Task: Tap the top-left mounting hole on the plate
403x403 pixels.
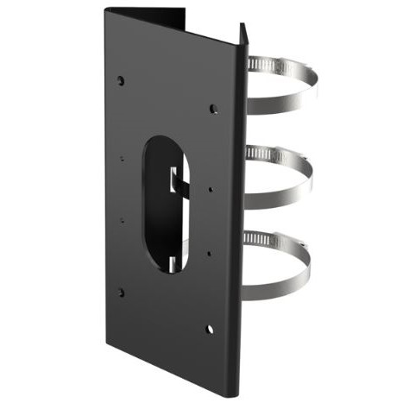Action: [x=120, y=80]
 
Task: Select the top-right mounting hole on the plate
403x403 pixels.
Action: [x=213, y=109]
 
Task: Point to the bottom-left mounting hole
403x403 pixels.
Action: [x=120, y=292]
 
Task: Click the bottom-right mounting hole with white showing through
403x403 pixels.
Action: [x=210, y=328]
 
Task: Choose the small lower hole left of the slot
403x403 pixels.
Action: [x=122, y=219]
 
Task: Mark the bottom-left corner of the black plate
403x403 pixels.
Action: [x=108, y=333]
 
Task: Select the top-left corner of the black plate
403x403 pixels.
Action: [x=106, y=10]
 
